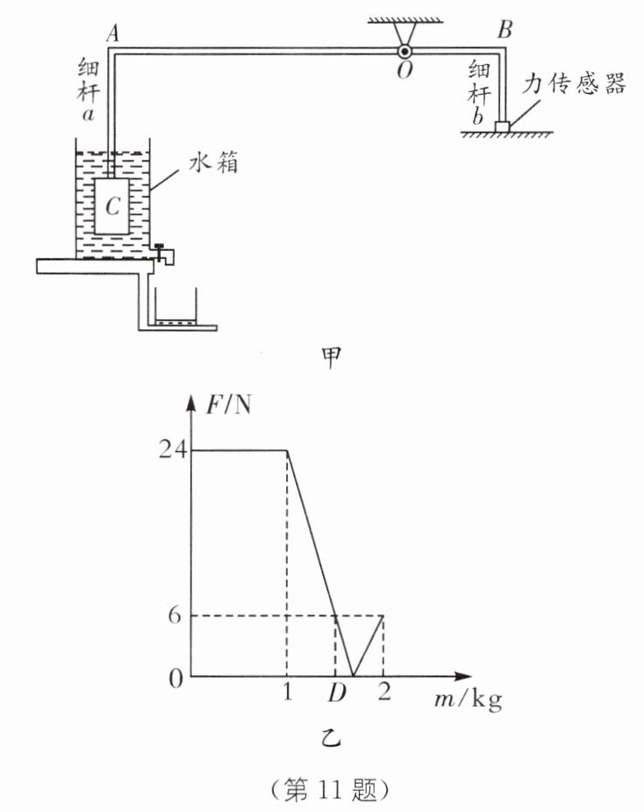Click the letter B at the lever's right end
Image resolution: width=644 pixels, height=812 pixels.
[504, 30]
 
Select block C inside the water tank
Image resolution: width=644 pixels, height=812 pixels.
[111, 206]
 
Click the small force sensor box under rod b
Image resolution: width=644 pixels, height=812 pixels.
[503, 127]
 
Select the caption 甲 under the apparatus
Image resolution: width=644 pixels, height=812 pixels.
[332, 360]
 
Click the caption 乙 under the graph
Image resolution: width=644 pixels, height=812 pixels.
[333, 739]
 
